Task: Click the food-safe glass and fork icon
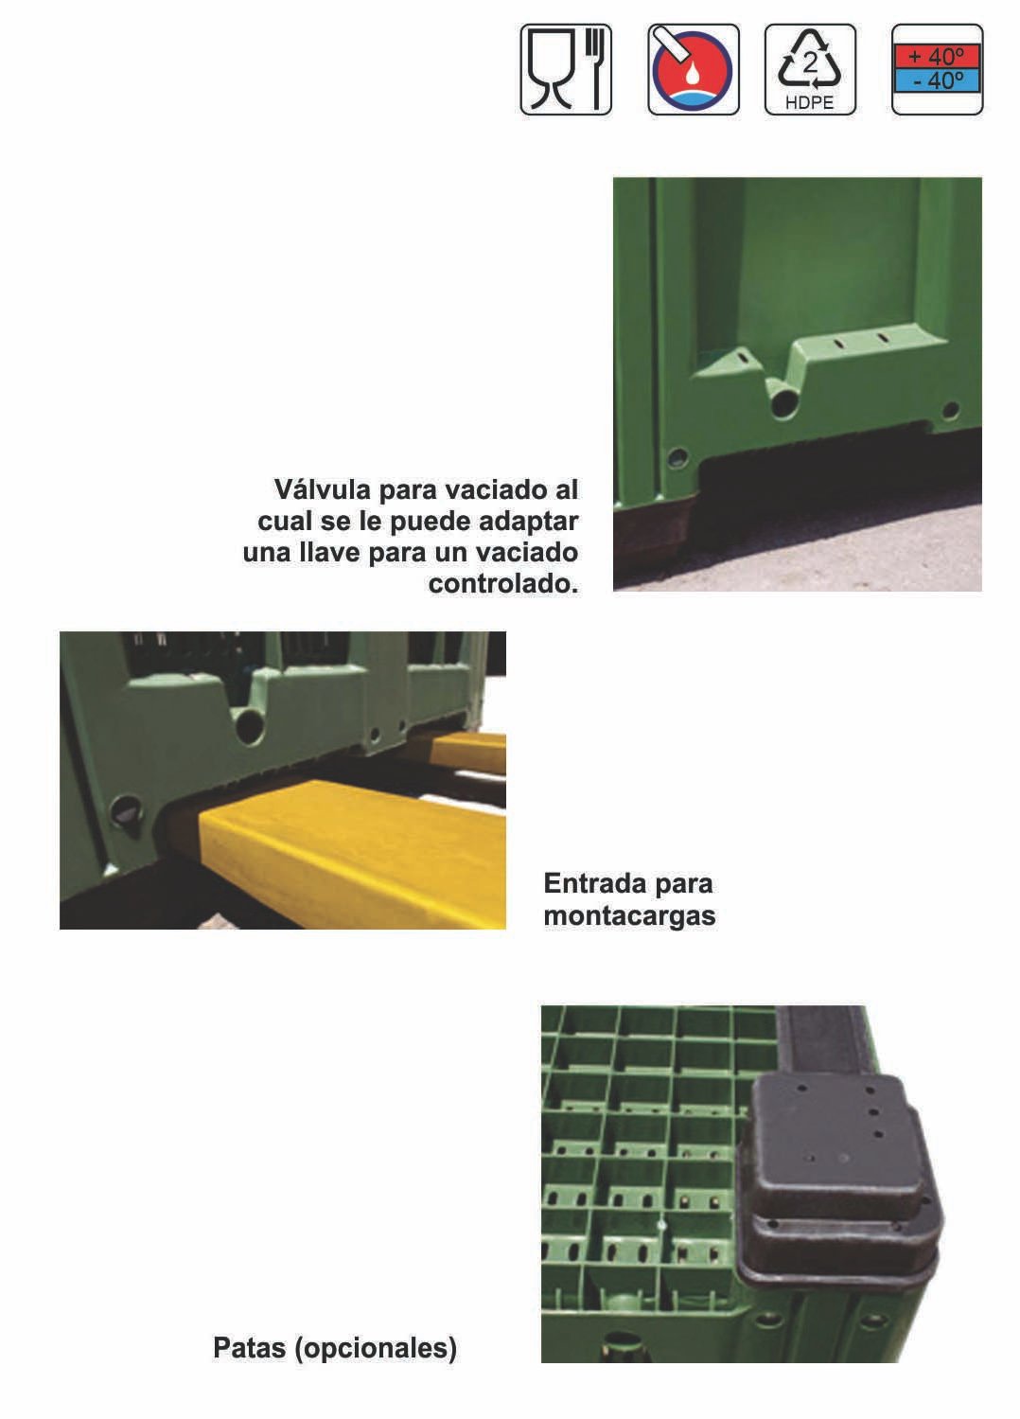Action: pyautogui.click(x=566, y=70)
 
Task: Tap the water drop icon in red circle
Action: pyautogui.click(x=694, y=70)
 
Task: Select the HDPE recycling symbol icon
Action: pyautogui.click(x=810, y=70)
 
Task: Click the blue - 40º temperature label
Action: pyautogui.click(x=937, y=80)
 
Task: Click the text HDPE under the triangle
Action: pyautogui.click(x=810, y=103)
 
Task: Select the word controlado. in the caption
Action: pyautogui.click(x=502, y=583)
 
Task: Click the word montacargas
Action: pyautogui.click(x=629, y=916)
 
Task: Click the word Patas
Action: pyautogui.click(x=250, y=1347)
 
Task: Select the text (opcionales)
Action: pyautogui.click(x=376, y=1347)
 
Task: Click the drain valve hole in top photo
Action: pyautogui.click(x=783, y=404)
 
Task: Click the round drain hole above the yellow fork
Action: pyautogui.click(x=250, y=726)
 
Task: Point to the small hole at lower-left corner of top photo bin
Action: pyautogui.click(x=677, y=458)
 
